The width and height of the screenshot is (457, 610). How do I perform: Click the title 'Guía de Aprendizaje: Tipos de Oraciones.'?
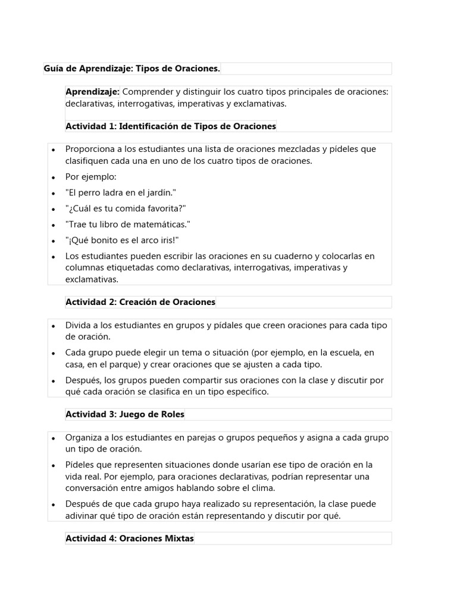click(132, 69)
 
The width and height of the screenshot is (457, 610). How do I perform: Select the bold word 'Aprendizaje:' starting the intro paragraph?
click(92, 92)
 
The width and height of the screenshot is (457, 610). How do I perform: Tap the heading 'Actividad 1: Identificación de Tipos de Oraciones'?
click(171, 126)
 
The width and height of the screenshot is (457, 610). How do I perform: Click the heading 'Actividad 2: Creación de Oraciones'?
click(140, 302)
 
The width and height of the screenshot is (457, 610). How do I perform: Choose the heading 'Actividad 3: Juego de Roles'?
click(125, 414)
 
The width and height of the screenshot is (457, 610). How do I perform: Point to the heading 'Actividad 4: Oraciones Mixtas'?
click(130, 539)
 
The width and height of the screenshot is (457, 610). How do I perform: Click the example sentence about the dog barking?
click(121, 193)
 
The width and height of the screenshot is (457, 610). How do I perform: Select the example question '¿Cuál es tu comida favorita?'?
click(126, 208)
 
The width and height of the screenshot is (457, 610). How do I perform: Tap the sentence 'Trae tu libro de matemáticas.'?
click(128, 225)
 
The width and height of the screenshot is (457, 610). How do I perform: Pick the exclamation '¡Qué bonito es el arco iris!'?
click(123, 240)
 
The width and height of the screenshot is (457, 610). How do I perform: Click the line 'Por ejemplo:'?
click(91, 178)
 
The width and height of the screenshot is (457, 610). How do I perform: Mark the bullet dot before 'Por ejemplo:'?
click(54, 178)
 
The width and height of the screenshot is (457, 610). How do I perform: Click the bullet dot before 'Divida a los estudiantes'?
click(54, 326)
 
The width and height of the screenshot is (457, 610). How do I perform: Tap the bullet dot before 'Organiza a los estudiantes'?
click(54, 438)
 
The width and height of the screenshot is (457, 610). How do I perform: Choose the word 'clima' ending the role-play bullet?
click(262, 488)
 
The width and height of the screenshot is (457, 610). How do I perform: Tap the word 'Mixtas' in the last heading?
click(180, 539)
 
